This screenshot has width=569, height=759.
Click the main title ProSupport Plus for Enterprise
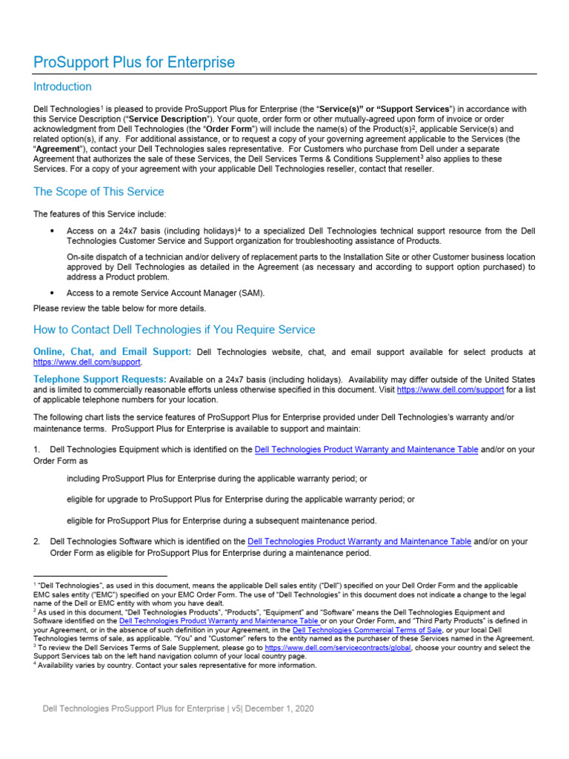(134, 62)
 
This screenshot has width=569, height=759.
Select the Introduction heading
(62, 87)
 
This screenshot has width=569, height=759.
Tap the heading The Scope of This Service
(99, 192)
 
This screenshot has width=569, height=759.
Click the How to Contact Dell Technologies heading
(174, 330)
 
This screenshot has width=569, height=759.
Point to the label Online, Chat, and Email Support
(112, 351)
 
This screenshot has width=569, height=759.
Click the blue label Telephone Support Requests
(100, 379)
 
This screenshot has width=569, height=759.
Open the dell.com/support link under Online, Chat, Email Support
(87, 362)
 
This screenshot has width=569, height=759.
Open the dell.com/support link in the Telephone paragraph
(450, 389)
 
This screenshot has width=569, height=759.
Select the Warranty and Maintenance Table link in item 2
(359, 542)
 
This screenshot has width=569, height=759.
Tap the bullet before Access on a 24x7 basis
(52, 231)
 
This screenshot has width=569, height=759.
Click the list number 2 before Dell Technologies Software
(36, 542)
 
